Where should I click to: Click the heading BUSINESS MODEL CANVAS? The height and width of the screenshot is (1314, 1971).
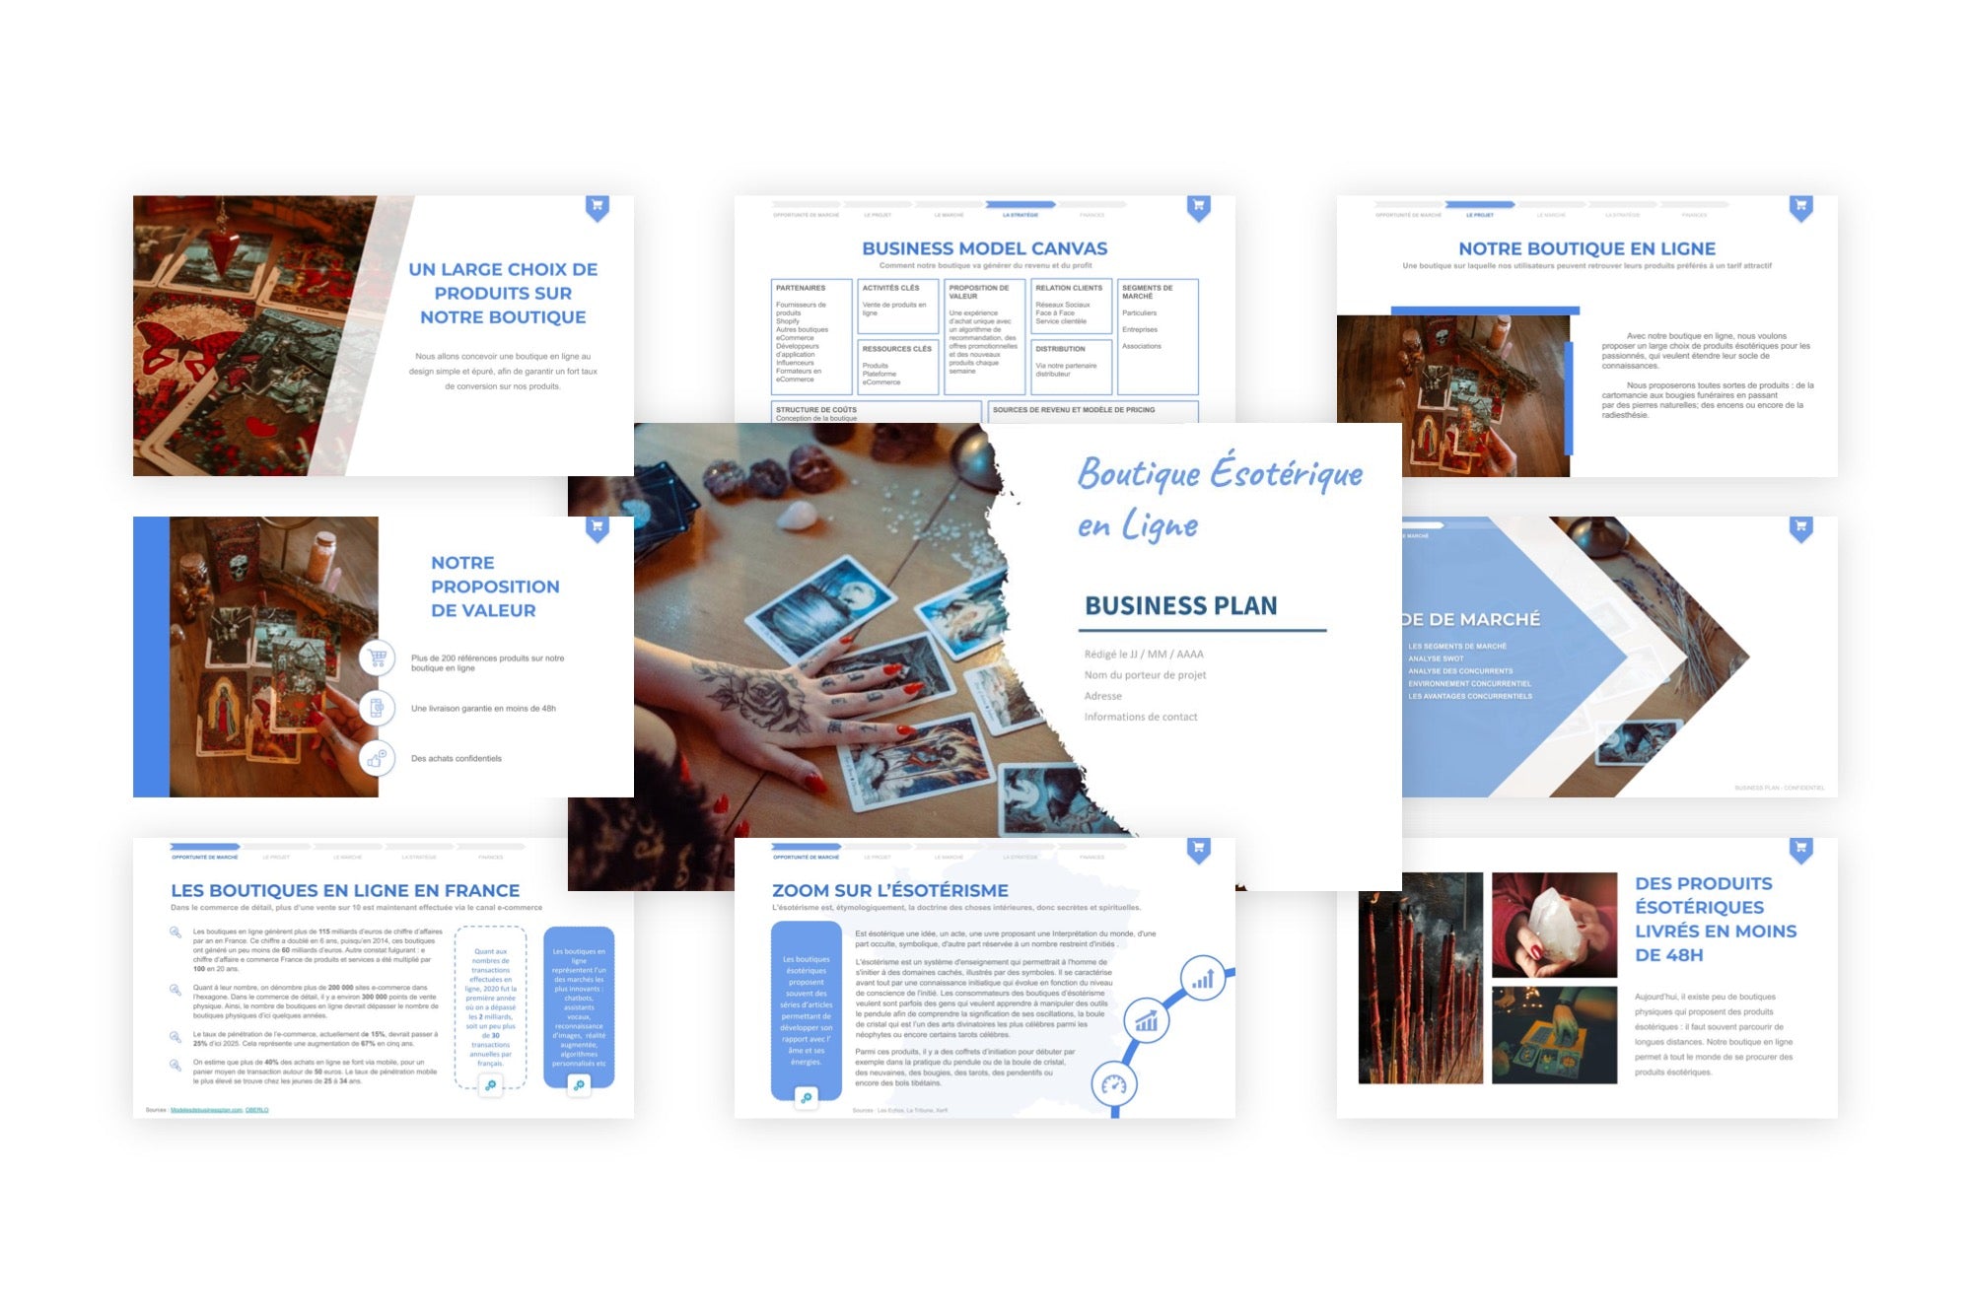coord(984,248)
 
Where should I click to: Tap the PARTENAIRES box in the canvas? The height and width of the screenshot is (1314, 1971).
coord(810,336)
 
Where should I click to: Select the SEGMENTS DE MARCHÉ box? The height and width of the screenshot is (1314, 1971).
coord(1158,336)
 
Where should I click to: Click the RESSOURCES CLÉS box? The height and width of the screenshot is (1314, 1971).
coord(896,367)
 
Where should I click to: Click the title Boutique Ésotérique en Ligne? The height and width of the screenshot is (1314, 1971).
coord(1219,498)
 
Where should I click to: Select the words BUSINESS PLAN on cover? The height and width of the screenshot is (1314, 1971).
coord(1180,605)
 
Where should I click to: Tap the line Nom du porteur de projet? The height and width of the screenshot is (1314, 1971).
coord(1145,675)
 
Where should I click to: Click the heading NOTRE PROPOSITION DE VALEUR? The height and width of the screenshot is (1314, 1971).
coord(494,587)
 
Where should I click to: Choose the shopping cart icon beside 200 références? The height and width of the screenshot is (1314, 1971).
coord(377,657)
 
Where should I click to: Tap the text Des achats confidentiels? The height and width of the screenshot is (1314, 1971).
coord(456,759)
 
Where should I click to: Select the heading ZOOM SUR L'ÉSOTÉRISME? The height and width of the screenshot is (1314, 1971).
coord(889,890)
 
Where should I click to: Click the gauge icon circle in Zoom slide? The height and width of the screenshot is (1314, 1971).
coord(1114,1085)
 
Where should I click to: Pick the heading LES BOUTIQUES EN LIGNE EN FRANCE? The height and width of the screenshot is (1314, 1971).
coord(344,890)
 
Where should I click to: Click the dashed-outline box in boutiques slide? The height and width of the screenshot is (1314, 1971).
coord(490,1005)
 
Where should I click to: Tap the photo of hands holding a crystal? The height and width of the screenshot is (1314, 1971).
coord(1554,924)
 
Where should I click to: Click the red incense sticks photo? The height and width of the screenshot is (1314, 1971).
coord(1420,978)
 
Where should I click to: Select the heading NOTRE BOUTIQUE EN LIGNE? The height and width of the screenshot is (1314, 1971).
coord(1586,248)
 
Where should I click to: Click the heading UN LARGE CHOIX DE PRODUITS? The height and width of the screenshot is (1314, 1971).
coord(503,293)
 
